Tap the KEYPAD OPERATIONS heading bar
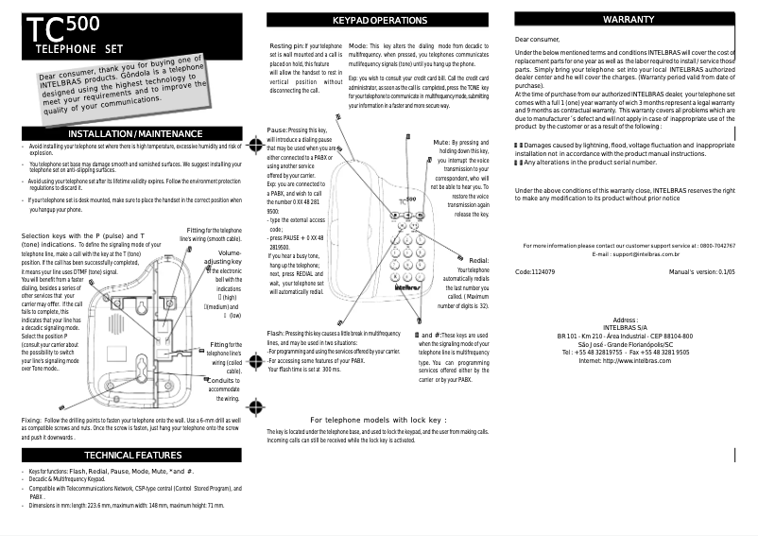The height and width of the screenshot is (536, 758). pyautogui.click(x=380, y=20)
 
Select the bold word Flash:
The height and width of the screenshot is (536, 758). pyautogui.click(x=277, y=334)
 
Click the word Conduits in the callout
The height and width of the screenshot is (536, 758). pyautogui.click(x=223, y=380)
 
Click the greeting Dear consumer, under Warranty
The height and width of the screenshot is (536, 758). pyautogui.click(x=537, y=39)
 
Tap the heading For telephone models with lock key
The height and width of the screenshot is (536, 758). pyautogui.click(x=378, y=419)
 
